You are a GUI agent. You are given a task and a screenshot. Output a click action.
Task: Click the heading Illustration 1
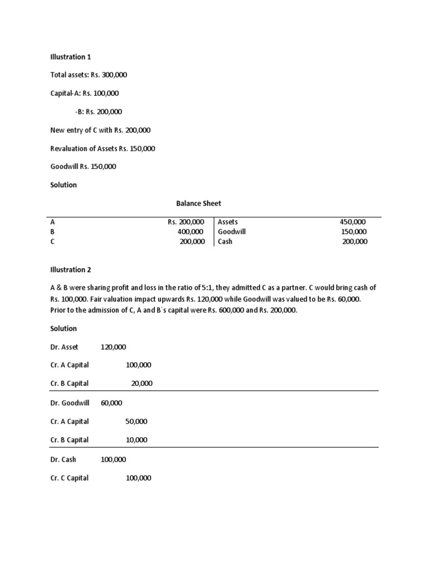click(x=70, y=57)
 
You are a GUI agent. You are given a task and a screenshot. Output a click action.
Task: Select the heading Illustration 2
click(x=70, y=270)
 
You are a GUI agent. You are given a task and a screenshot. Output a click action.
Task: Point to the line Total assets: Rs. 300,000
click(x=90, y=75)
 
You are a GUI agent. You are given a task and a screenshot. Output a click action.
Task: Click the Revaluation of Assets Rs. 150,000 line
click(x=103, y=148)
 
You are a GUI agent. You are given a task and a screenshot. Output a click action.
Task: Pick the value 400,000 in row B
click(x=192, y=232)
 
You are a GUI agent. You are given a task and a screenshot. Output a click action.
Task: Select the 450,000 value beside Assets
click(x=353, y=222)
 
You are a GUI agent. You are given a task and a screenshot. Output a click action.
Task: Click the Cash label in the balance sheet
click(x=225, y=242)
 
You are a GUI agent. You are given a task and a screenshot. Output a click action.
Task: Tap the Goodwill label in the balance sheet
click(x=232, y=232)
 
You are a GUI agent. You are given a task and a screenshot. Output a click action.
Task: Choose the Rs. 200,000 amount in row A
click(x=186, y=222)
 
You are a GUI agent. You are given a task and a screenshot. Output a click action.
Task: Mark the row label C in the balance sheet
click(x=52, y=242)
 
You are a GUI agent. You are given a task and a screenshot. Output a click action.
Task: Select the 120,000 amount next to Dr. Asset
click(x=113, y=347)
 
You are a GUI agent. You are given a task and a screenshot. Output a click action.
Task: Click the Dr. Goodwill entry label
click(x=70, y=403)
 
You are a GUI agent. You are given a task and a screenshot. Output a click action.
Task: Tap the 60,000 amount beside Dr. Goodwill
click(x=111, y=403)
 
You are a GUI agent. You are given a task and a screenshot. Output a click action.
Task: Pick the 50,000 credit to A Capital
click(x=137, y=422)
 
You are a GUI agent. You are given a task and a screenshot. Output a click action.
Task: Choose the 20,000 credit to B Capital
click(x=142, y=384)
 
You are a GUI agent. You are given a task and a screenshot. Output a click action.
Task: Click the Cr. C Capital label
click(x=69, y=478)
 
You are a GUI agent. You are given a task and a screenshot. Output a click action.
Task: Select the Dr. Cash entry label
click(x=63, y=459)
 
